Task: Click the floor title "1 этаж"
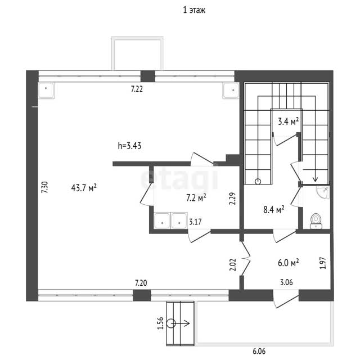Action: [194, 10]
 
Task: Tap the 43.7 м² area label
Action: [84, 188]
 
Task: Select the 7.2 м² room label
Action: [196, 197]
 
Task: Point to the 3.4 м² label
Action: [289, 121]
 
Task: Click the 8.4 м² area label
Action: [274, 210]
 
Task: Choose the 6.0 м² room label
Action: [289, 263]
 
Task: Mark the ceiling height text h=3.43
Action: [129, 146]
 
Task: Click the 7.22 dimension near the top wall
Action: [137, 89]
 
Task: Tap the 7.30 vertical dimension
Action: [45, 187]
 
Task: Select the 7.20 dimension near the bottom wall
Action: [141, 283]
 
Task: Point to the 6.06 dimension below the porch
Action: [259, 351]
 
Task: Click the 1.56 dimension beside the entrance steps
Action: [160, 323]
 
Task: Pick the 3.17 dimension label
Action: [195, 222]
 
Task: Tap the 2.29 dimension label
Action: [233, 199]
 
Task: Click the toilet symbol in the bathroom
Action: [316, 221]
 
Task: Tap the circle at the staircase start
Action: [258, 182]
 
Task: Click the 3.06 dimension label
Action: [286, 282]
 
